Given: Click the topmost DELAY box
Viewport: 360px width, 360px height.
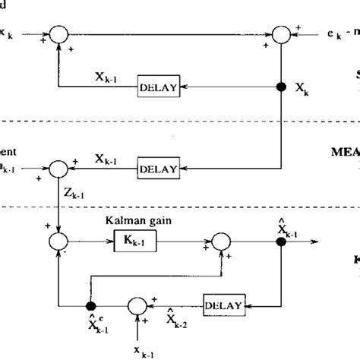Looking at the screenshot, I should pyautogui.click(x=159, y=88).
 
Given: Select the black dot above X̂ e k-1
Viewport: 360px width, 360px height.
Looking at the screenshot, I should pyautogui.click(x=90, y=305).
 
